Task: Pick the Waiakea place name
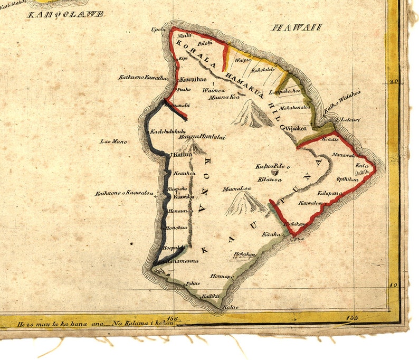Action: click(x=297, y=128)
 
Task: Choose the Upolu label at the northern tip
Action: click(x=158, y=29)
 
